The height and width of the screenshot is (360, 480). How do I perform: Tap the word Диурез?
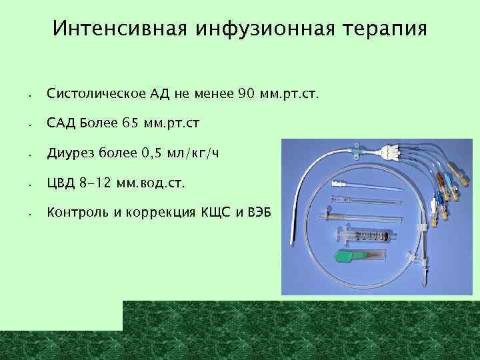tap(70, 154)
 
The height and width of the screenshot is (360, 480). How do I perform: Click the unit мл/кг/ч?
tap(194, 155)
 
